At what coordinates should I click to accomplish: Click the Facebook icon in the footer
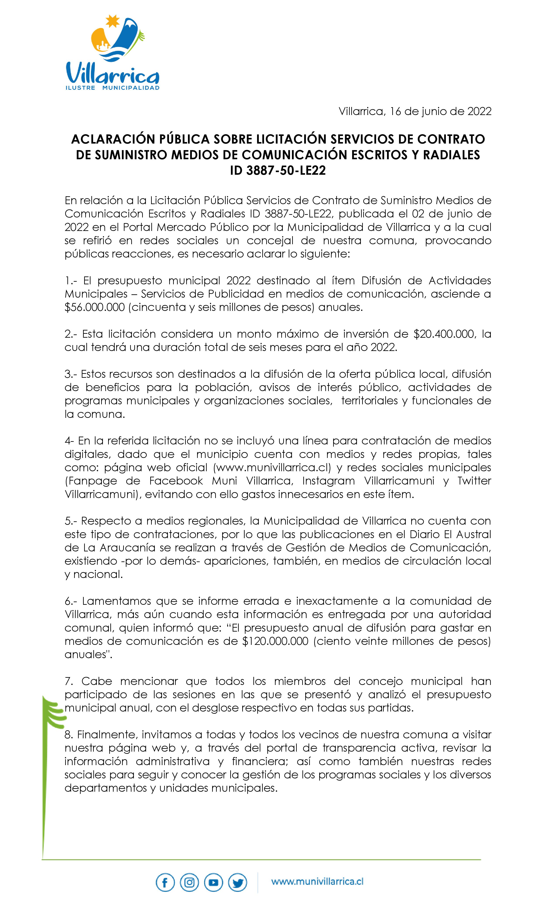(x=165, y=882)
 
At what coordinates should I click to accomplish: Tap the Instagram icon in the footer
(x=189, y=882)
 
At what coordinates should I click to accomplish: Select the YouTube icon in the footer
(x=213, y=882)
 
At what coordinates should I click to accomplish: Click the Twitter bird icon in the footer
(x=237, y=882)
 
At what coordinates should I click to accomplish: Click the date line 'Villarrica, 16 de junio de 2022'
(x=415, y=111)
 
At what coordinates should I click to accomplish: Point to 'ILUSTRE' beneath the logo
(x=80, y=88)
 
